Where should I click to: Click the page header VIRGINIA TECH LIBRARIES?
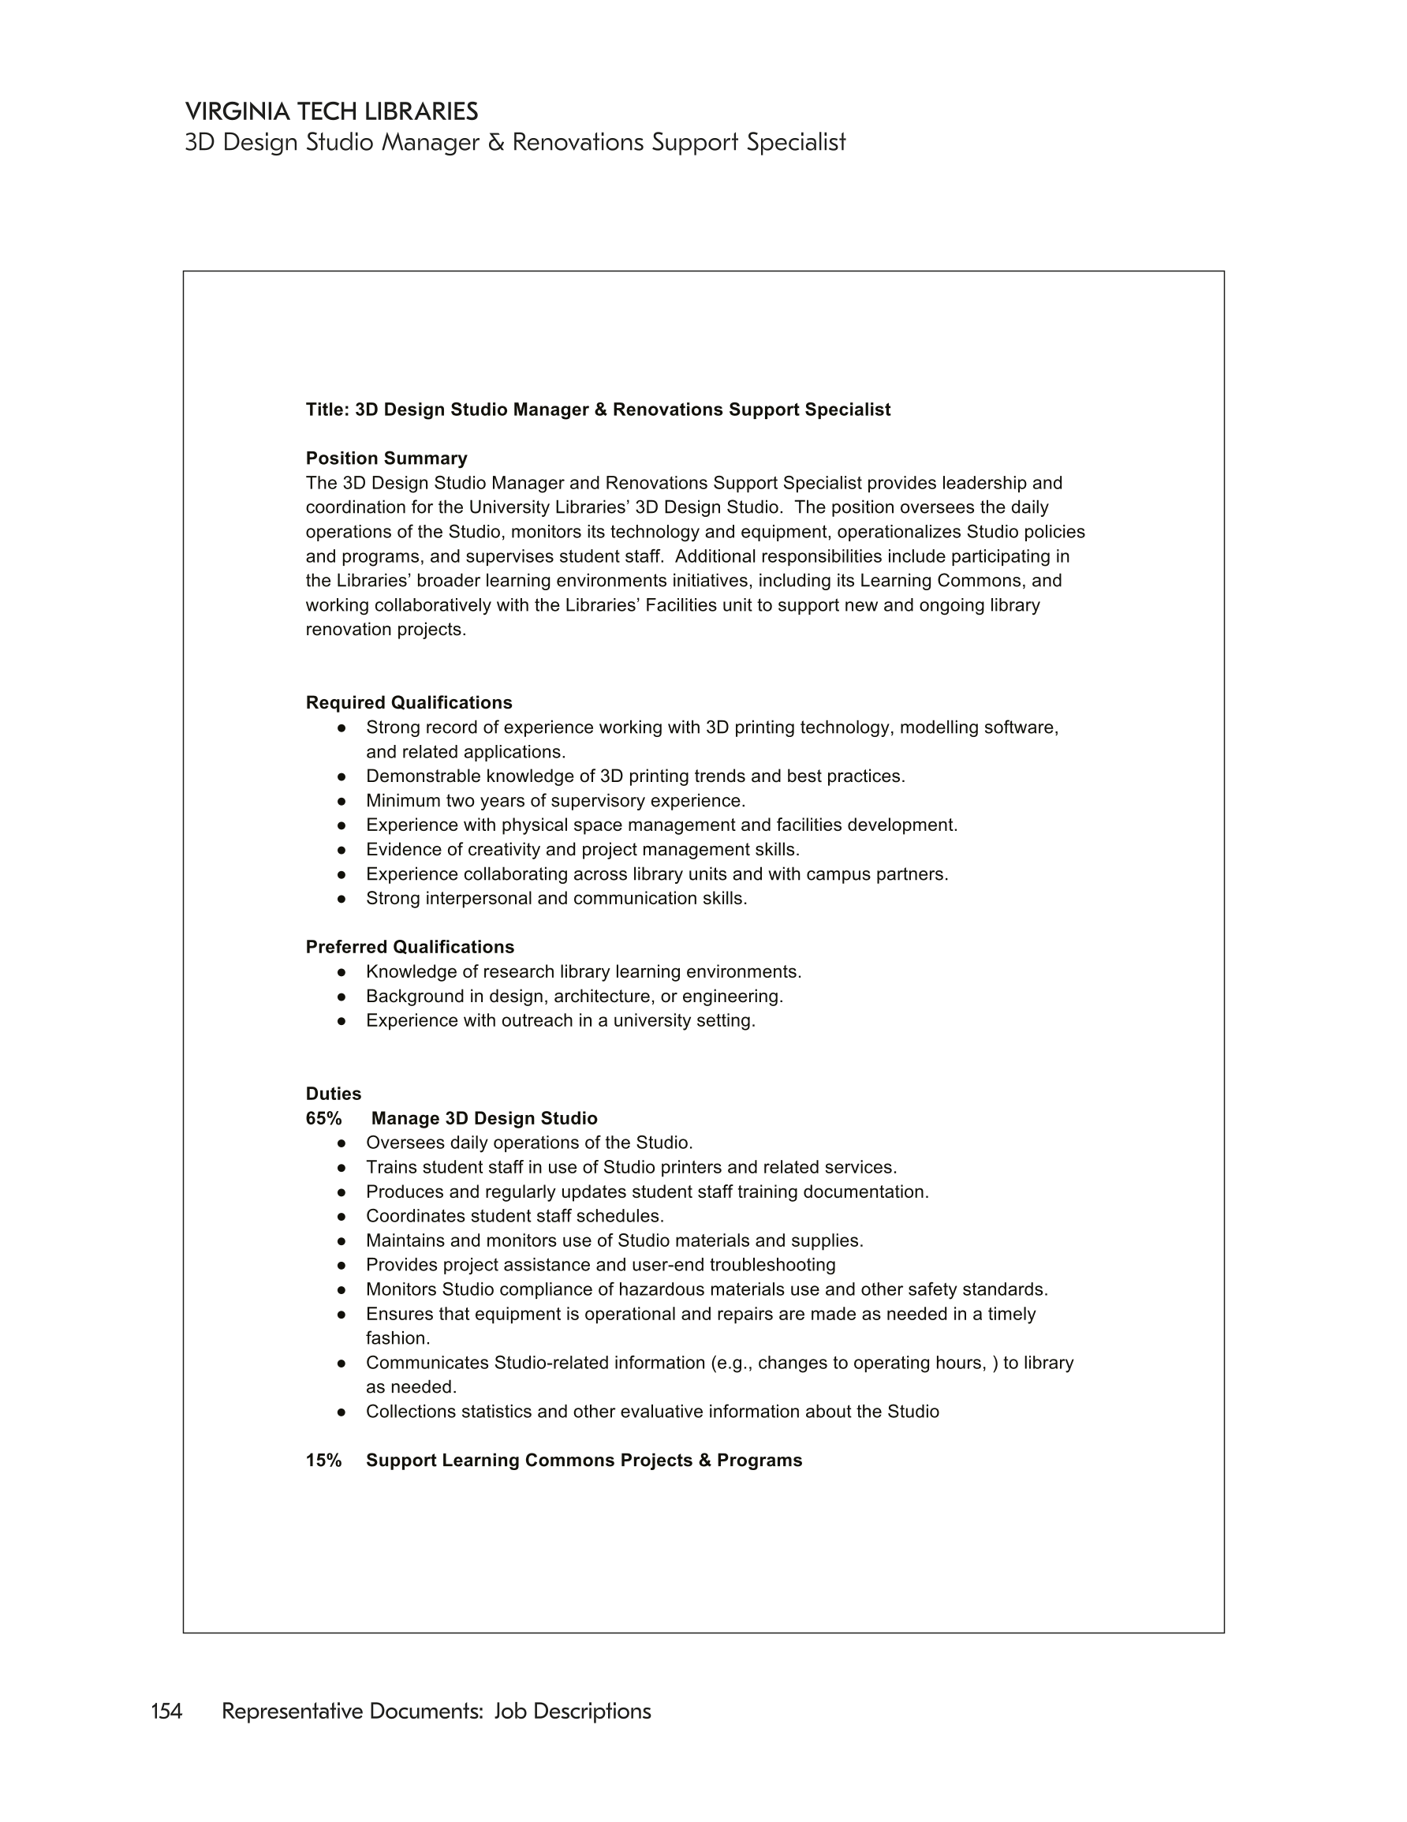tap(331, 112)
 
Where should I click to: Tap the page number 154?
tap(166, 1711)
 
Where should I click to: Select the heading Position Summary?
tap(386, 458)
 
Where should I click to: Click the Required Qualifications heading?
tap(409, 702)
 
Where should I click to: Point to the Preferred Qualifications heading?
tap(409, 947)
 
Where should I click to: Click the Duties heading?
tap(333, 1094)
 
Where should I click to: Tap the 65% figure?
tap(323, 1118)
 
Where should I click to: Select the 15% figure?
tap(323, 1460)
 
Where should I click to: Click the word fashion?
tap(397, 1338)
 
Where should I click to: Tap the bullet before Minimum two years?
tap(341, 801)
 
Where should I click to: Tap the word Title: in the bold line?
tap(327, 410)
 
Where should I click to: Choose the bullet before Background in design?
tap(341, 996)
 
